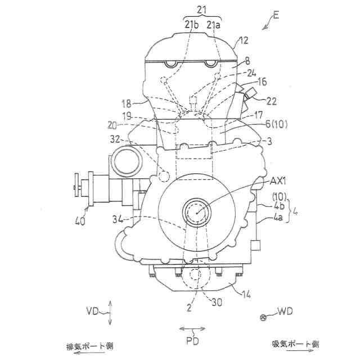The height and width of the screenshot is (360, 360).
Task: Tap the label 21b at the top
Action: (x=191, y=25)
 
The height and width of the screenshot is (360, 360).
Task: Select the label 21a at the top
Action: (x=214, y=25)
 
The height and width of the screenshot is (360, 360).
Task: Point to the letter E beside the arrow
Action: (x=276, y=15)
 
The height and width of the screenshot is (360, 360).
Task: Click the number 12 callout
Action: (x=243, y=40)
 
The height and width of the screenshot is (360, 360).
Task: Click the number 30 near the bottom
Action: (x=217, y=302)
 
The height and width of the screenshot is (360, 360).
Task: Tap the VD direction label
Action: (x=94, y=311)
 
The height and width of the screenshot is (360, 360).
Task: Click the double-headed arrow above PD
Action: (x=192, y=328)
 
